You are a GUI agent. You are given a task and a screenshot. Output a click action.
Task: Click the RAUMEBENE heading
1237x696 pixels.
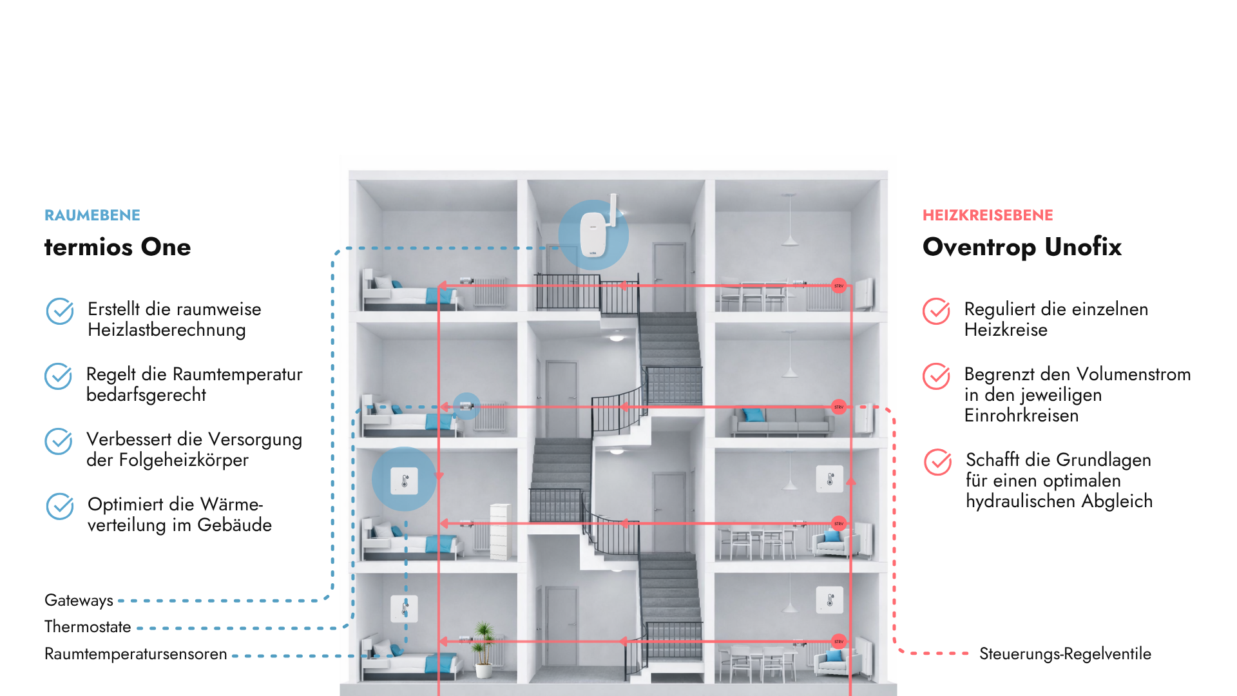pyautogui.click(x=92, y=215)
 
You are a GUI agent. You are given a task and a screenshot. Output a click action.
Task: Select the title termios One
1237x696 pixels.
pyautogui.click(x=117, y=247)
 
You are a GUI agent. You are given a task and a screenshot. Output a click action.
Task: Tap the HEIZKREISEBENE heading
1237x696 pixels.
pyautogui.click(x=988, y=215)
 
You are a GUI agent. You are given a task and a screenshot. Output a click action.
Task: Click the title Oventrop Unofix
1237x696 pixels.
pyautogui.click(x=1022, y=247)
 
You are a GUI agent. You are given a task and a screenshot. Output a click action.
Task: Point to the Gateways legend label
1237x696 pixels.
pyautogui.click(x=79, y=601)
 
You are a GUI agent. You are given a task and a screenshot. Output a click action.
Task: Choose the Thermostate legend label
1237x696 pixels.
pyautogui.click(x=88, y=626)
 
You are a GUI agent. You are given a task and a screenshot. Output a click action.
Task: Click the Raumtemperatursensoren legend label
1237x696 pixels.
pyautogui.click(x=136, y=654)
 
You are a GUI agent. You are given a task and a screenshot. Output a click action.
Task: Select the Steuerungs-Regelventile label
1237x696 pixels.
pyautogui.click(x=1065, y=654)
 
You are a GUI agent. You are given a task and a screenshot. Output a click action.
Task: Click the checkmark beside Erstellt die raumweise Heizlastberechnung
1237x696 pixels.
pyautogui.click(x=60, y=311)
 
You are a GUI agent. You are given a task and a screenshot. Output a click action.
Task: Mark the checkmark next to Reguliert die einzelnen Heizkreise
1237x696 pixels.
pyautogui.click(x=936, y=311)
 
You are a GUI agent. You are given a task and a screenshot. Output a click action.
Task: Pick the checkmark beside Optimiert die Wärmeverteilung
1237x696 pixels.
pyautogui.click(x=60, y=507)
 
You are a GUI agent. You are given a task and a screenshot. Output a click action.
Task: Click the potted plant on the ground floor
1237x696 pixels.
pyautogui.click(x=484, y=648)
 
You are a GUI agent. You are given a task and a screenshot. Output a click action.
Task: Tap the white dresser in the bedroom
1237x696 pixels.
pyautogui.click(x=501, y=532)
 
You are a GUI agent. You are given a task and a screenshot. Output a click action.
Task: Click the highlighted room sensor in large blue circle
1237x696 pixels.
pyautogui.click(x=405, y=481)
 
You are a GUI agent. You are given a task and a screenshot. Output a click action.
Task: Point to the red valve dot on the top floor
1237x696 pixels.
pyautogui.click(x=839, y=285)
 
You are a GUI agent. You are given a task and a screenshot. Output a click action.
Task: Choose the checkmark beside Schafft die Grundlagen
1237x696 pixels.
pyautogui.click(x=938, y=462)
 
